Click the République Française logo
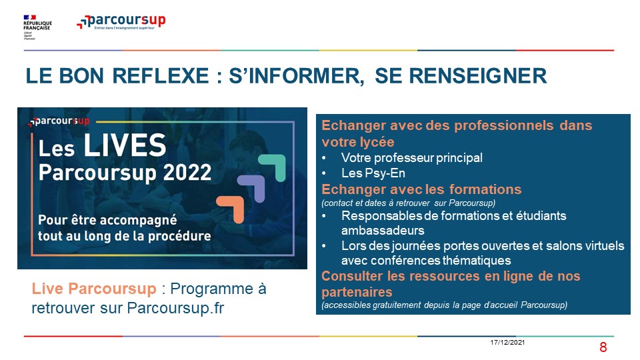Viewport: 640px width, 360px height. (x=37, y=27)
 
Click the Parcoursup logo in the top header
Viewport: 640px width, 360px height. (x=121, y=21)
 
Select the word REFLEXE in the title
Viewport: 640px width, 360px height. (x=161, y=76)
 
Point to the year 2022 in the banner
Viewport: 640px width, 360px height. (x=187, y=172)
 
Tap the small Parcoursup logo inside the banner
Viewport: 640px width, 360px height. (x=59, y=121)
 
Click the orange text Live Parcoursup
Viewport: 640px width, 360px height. (x=94, y=289)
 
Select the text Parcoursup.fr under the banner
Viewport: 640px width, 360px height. (x=175, y=308)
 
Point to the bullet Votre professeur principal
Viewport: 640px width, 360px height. (x=412, y=158)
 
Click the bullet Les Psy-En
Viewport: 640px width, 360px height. (x=373, y=173)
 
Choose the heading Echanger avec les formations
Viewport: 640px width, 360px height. (x=421, y=189)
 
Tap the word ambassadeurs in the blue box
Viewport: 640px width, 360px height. (x=383, y=231)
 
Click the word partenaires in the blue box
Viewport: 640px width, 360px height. (x=357, y=292)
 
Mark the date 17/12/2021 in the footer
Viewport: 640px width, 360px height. (x=507, y=343)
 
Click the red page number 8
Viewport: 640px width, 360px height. (x=603, y=347)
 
